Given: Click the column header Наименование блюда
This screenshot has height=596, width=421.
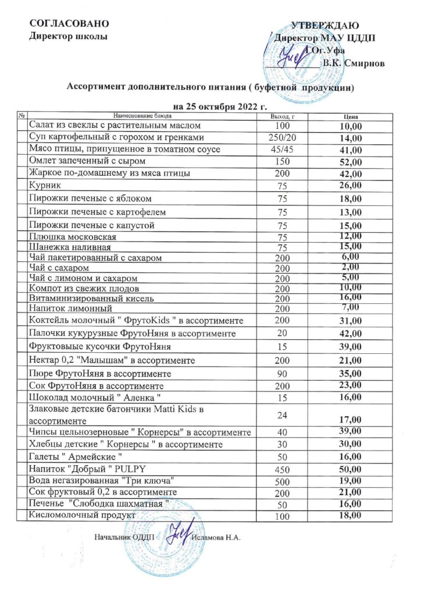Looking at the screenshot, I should pyautogui.click(x=135, y=117).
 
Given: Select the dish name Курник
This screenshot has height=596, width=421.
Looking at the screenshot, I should pyautogui.click(x=44, y=186).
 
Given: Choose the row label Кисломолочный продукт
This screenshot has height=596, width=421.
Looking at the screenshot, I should pyautogui.click(x=82, y=516).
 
